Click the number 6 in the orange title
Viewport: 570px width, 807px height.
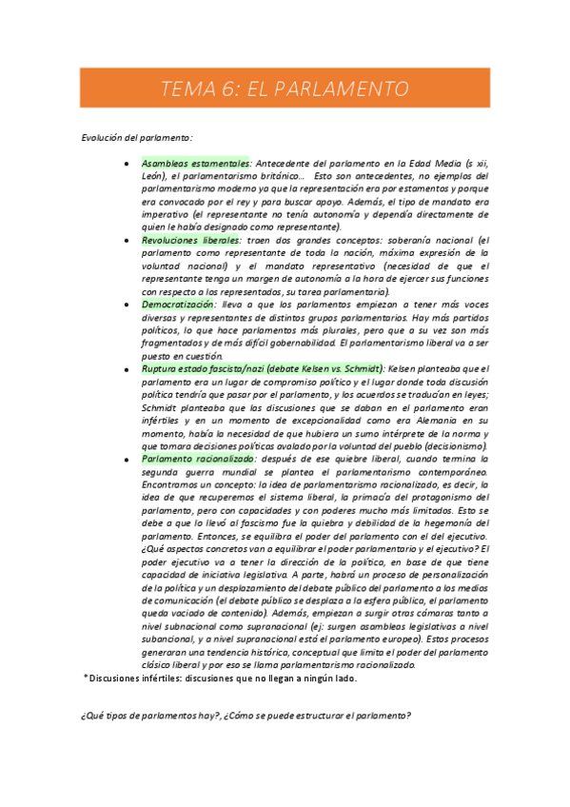(x=228, y=89)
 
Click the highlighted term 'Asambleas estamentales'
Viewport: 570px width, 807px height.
(x=195, y=164)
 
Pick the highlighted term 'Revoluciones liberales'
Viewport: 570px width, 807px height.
(x=190, y=241)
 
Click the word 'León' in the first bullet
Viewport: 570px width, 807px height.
(x=155, y=177)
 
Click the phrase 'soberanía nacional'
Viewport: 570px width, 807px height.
(x=429, y=241)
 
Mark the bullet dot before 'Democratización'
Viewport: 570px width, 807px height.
(x=127, y=305)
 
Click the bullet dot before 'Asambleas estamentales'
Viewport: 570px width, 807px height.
(x=127, y=164)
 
